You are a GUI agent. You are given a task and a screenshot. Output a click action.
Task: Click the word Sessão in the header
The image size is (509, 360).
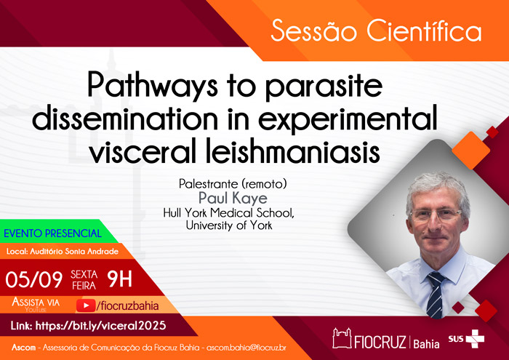(x=313, y=31)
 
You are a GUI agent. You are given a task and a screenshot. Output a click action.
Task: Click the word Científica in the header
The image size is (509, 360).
(x=424, y=31)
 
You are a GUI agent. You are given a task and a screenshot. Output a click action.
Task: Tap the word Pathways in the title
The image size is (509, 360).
(x=153, y=86)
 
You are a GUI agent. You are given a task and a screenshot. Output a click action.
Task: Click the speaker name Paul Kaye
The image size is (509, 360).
(x=233, y=198)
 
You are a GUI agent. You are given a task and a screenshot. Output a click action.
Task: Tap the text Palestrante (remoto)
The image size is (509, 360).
(x=233, y=184)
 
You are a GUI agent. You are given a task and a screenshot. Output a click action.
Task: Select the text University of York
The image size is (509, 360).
(x=229, y=225)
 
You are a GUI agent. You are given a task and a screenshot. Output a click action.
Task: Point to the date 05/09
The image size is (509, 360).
(x=33, y=279)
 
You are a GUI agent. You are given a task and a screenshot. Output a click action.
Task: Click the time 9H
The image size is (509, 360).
(x=119, y=279)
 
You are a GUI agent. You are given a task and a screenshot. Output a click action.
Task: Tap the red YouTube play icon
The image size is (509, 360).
(x=86, y=305)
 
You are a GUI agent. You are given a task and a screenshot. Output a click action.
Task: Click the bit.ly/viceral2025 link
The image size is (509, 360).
(x=100, y=326)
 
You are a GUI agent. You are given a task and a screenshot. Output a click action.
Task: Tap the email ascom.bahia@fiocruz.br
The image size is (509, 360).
(x=247, y=348)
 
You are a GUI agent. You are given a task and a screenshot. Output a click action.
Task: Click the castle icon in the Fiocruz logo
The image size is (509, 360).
(x=342, y=338)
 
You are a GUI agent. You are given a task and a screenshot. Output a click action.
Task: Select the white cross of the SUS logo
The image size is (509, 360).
(x=476, y=339)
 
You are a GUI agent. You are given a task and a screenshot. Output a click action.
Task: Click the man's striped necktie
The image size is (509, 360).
(x=434, y=295)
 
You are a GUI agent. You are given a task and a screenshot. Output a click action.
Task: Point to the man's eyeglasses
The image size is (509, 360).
(x=436, y=215)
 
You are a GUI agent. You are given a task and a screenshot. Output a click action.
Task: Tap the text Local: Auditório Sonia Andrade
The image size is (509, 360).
(x=63, y=251)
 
